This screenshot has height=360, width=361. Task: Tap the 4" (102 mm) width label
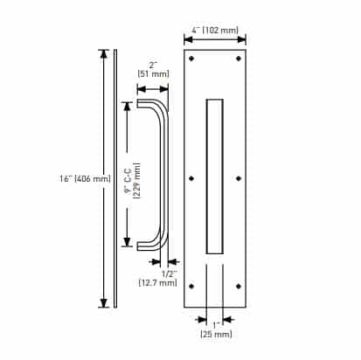[215, 31]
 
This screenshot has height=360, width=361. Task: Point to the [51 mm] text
[153, 75]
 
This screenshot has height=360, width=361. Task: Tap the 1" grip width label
[215, 324]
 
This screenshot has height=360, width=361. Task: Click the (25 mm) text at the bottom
[215, 335]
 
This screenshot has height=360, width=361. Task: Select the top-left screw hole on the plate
[192, 59]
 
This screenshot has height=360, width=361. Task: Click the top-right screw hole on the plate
[239, 59]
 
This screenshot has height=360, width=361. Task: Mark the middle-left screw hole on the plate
[192, 178]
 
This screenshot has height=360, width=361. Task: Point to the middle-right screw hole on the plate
[239, 178]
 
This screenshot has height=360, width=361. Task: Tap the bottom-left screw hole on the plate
[192, 286]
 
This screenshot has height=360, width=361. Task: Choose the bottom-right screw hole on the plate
[239, 286]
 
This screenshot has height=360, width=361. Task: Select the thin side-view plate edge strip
[115, 178]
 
